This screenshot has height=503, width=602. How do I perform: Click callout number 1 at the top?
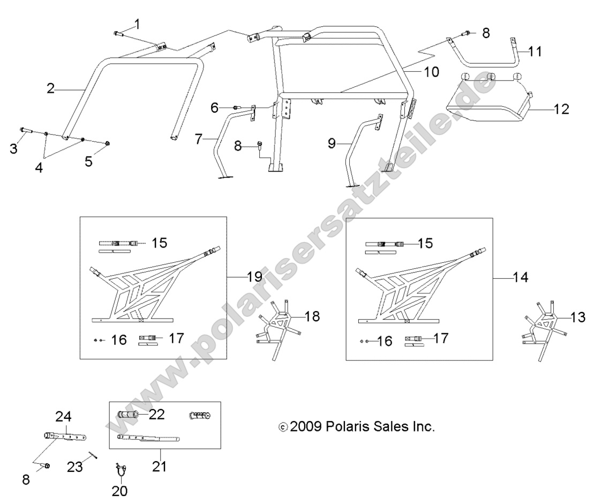(137, 24)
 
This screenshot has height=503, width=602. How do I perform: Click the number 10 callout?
(431, 71)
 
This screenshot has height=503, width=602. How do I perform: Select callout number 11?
(534, 51)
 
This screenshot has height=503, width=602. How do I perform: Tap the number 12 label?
(561, 109)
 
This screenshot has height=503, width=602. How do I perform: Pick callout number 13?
(578, 317)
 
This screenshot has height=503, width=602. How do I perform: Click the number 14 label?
(520, 277)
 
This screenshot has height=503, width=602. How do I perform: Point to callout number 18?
(312, 316)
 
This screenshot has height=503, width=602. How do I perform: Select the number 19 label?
(254, 277)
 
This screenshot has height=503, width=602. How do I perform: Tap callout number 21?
(159, 466)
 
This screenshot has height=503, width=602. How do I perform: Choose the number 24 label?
(63, 416)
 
